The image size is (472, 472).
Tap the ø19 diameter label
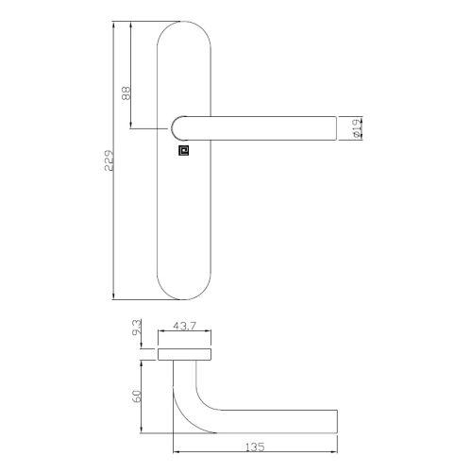pyautogui.click(x=353, y=128)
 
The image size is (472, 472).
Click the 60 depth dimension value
pyautogui.click(x=138, y=396)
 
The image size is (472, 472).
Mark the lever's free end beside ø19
pyautogui.click(x=332, y=127)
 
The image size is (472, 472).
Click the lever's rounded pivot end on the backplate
pyautogui.click(x=179, y=127)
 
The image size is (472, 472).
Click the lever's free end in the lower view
pyautogui.click(x=332, y=418)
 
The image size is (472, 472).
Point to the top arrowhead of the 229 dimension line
pyautogui.click(x=115, y=22)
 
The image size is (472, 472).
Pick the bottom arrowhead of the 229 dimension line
pyautogui.click(x=115, y=295)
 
